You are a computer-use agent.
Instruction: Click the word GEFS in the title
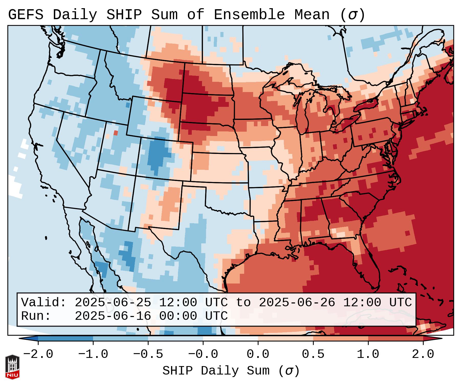(26, 15)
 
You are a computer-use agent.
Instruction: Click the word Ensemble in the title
(249, 15)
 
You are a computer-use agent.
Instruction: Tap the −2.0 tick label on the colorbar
(38, 354)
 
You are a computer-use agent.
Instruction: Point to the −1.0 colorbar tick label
(93, 354)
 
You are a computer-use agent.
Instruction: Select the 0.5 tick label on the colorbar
(313, 354)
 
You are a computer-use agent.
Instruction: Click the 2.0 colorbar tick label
(423, 354)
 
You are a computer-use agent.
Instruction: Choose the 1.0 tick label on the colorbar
(368, 354)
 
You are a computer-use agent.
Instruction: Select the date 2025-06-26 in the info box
(297, 302)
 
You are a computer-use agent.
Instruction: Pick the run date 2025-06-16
(113, 316)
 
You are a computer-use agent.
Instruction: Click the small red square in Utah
(116, 133)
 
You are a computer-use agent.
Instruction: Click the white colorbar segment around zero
(230, 338)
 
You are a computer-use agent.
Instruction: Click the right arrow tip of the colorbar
(441, 338)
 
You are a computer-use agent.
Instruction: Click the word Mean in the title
(312, 15)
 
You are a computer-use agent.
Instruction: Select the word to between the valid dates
(243, 302)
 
